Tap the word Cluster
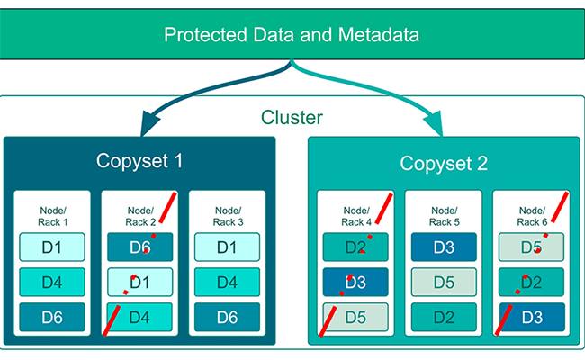292,118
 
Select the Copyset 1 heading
139,162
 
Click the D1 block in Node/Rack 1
51,247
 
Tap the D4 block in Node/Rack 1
51,282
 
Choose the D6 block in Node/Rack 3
228,317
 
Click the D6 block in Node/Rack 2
139,247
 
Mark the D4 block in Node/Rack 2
139,317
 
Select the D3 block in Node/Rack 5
443,247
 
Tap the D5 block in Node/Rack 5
443,282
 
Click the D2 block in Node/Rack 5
443,317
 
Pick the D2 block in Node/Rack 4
355,247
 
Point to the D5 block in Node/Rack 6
531,247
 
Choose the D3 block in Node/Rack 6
531,317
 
